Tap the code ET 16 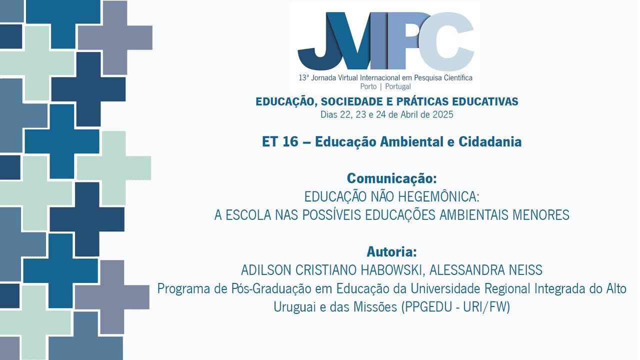pyautogui.click(x=279, y=142)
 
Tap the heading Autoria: pyautogui.click(x=391, y=251)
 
